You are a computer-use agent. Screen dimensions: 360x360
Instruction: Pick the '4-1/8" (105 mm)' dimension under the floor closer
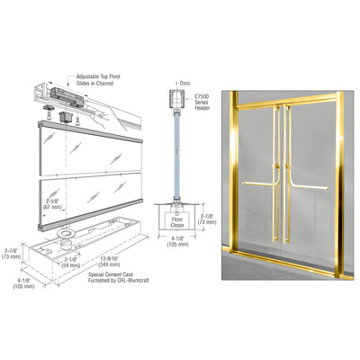pos(169,246)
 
